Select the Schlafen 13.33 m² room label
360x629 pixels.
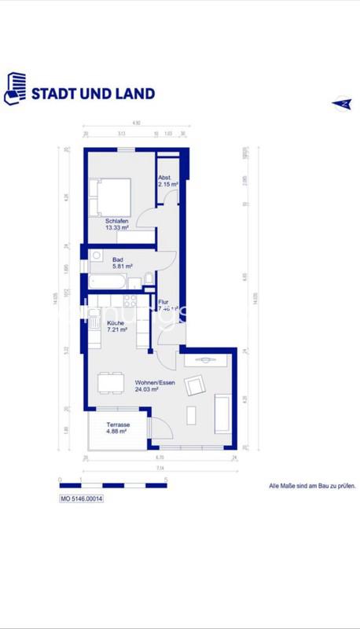(x=117, y=225)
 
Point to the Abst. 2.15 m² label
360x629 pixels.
(x=168, y=180)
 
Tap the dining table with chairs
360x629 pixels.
(x=110, y=383)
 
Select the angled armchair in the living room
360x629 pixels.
(x=194, y=385)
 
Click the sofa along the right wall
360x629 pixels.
(x=222, y=413)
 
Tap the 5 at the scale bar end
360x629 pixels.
(x=166, y=478)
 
